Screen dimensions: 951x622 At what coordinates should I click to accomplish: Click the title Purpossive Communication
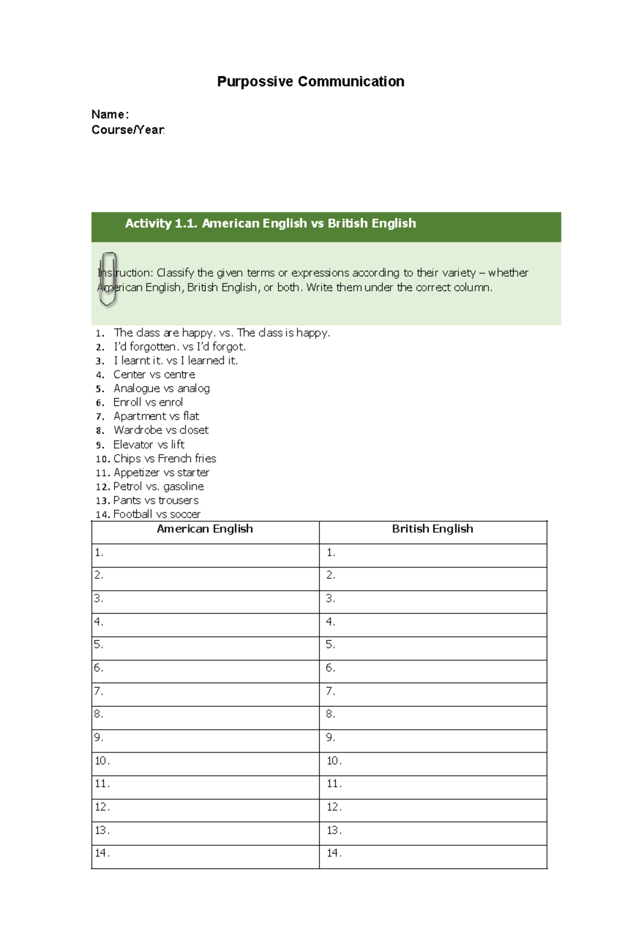[x=310, y=81]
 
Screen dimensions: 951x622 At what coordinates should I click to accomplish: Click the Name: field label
[x=110, y=115]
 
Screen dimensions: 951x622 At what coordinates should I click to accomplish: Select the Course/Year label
[x=128, y=130]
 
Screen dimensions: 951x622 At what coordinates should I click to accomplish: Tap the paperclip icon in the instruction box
[x=108, y=279]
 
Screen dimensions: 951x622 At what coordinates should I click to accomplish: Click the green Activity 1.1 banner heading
[x=270, y=223]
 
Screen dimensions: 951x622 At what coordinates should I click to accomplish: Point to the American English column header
[x=205, y=529]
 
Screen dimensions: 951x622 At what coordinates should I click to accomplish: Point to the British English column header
[x=432, y=529]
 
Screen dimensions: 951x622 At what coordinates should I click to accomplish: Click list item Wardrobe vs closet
[x=161, y=430]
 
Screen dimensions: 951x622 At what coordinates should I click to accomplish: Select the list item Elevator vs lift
[x=149, y=445]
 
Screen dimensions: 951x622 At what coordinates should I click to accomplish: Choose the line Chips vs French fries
[x=164, y=459]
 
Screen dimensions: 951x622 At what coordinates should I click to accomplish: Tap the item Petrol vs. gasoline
[x=158, y=487]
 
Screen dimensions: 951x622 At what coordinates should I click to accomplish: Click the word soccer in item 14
[x=185, y=514]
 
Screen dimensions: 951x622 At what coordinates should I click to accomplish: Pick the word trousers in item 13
[x=178, y=500]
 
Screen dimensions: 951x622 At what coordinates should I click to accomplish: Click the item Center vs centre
[x=154, y=375]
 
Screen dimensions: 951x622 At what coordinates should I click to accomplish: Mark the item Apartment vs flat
[x=156, y=416]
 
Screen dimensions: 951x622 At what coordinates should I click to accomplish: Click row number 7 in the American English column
[x=98, y=691]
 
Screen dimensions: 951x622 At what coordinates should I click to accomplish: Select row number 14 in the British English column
[x=334, y=853]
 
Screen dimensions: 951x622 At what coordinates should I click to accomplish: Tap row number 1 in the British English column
[x=331, y=552]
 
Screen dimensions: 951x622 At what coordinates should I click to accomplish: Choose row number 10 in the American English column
[x=102, y=761]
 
